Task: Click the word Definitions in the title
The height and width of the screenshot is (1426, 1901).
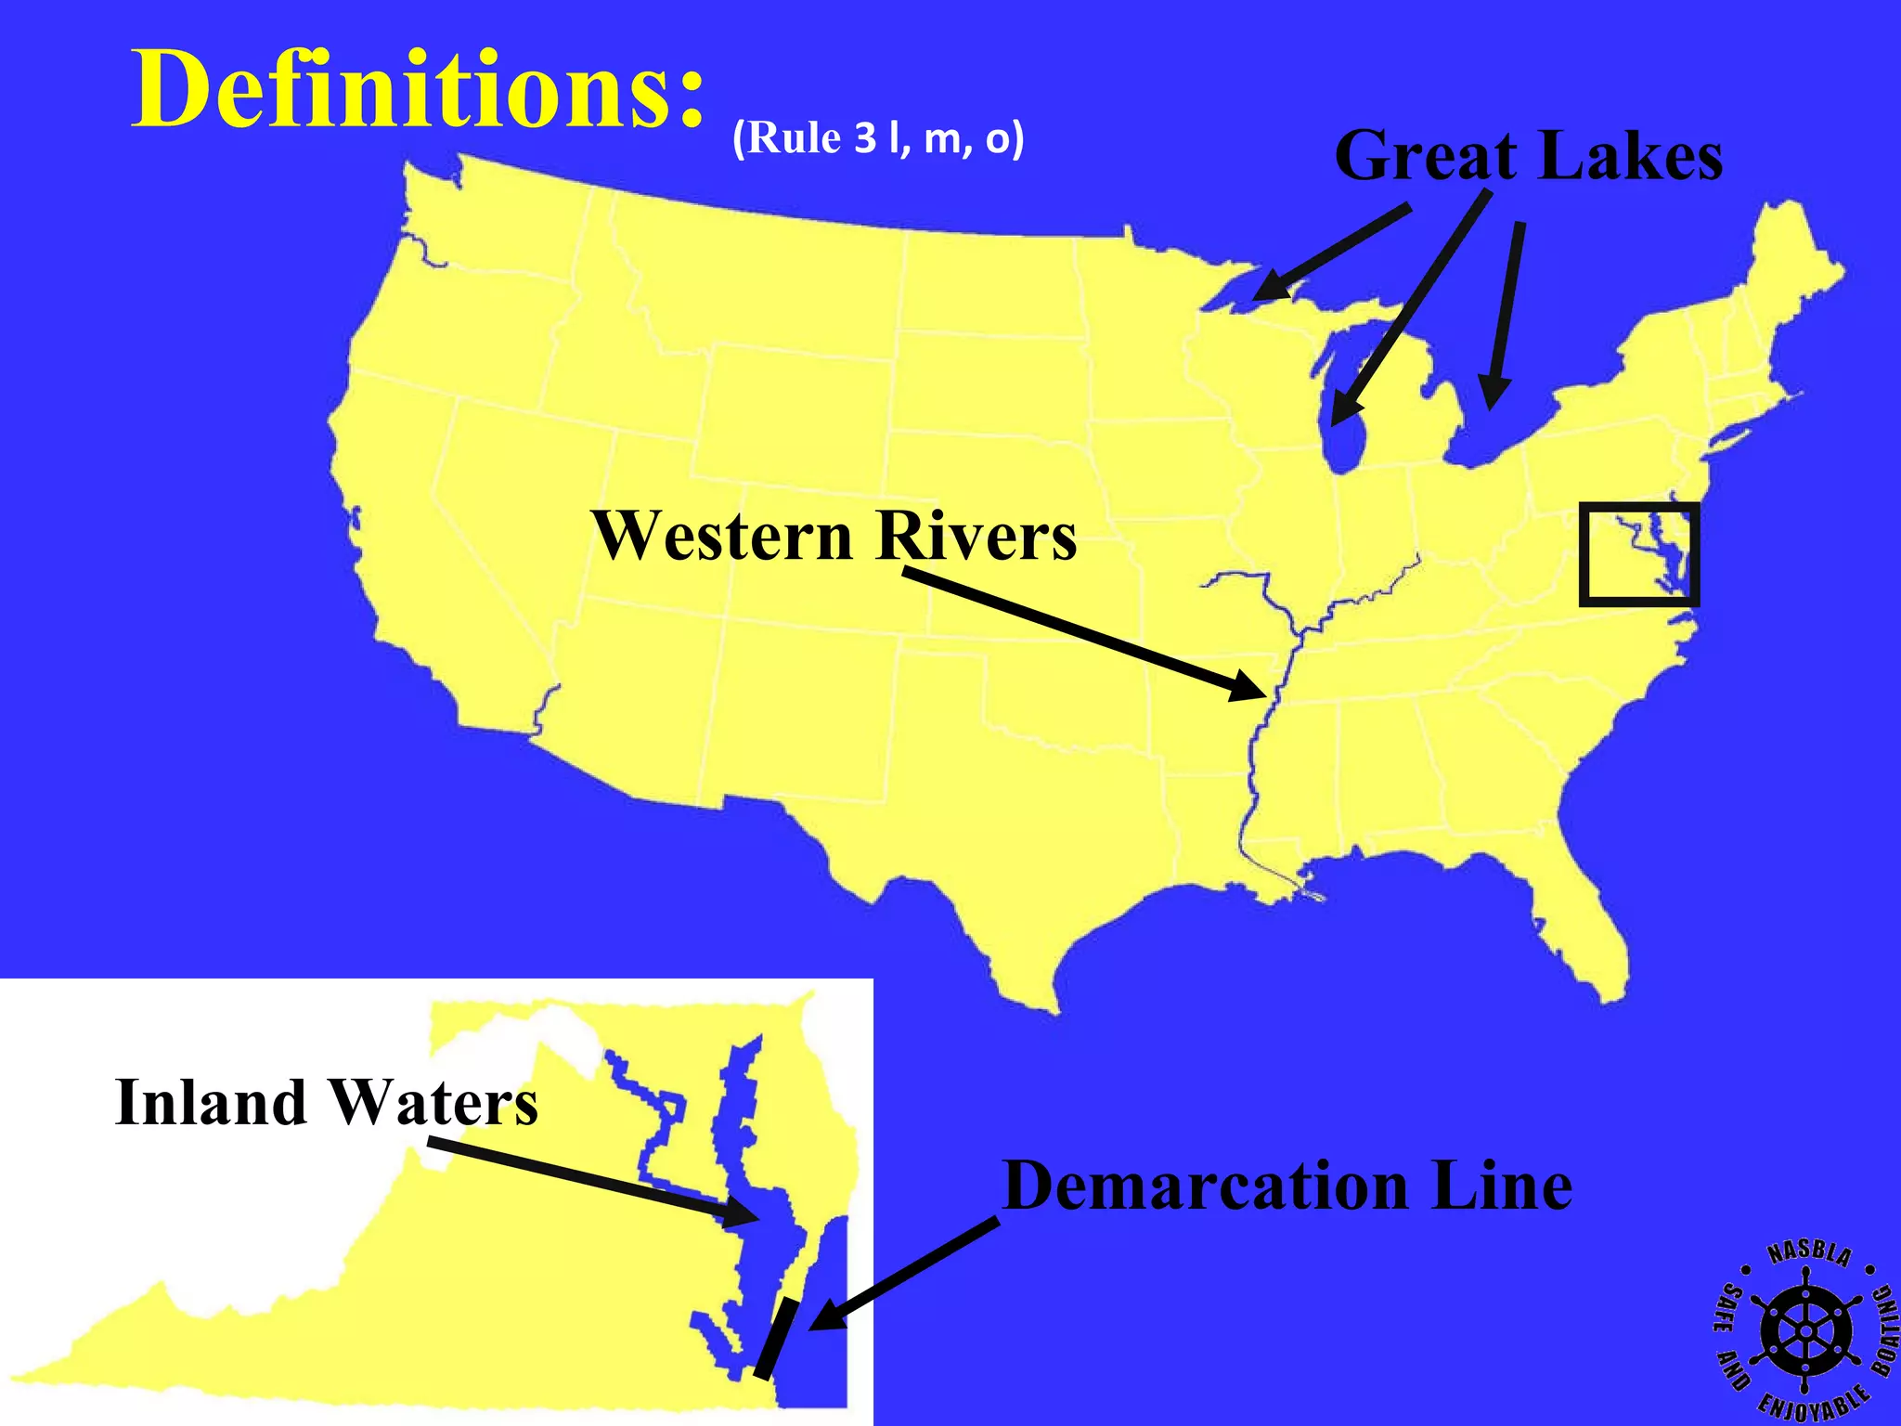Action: click(418, 89)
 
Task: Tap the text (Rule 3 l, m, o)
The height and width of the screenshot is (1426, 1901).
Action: click(878, 138)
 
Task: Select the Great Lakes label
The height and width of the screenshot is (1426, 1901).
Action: click(1528, 156)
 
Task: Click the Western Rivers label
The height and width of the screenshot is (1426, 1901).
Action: click(834, 536)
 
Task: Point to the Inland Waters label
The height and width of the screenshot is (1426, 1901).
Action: click(326, 1102)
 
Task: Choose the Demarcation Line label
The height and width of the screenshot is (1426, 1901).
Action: click(1287, 1186)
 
